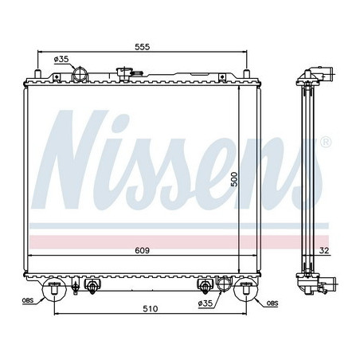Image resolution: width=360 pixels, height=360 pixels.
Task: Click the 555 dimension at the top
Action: point(141,47)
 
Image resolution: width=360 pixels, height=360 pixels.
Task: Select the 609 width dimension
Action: point(142,251)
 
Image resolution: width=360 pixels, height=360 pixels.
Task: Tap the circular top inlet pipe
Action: point(80,76)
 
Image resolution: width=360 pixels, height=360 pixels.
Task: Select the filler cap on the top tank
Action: point(124,74)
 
